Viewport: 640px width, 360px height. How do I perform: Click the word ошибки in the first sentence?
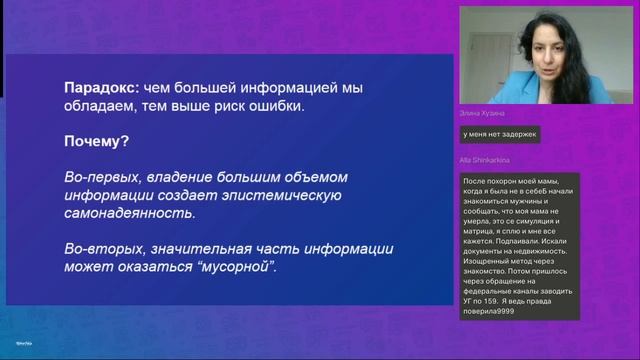pos(297,106)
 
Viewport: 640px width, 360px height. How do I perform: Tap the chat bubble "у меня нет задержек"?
pos(500,133)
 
